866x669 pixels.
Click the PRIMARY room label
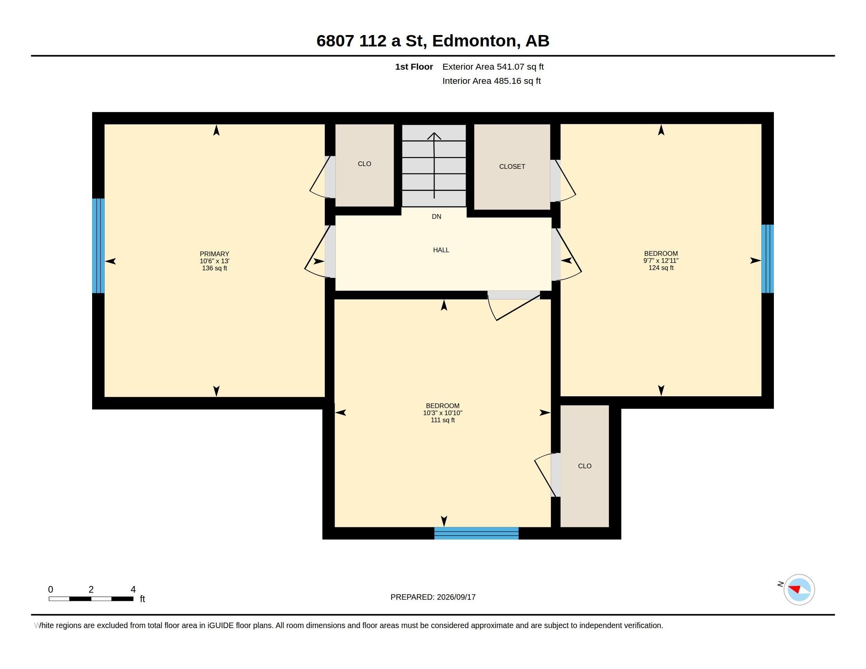click(x=215, y=254)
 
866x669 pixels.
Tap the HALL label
click(x=441, y=250)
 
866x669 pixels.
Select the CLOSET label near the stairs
click(x=512, y=166)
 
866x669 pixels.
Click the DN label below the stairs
click(x=436, y=216)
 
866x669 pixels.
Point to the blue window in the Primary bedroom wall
click(x=98, y=246)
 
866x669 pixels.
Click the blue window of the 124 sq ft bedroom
click(x=767, y=259)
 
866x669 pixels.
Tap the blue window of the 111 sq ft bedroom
click(x=476, y=533)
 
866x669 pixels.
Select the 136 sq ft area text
click(x=215, y=268)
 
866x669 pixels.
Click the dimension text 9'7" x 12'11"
click(x=661, y=261)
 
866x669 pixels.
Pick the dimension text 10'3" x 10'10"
click(x=442, y=413)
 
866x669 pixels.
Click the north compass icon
click(x=799, y=590)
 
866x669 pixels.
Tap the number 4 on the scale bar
click(x=133, y=590)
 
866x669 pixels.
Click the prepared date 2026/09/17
click(x=456, y=597)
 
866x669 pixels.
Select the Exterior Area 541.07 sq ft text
click(x=493, y=67)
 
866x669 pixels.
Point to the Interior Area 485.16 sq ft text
click(x=491, y=81)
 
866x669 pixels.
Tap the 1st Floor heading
click(x=414, y=67)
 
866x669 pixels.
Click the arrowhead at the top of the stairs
click(x=434, y=135)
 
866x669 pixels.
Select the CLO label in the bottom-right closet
click(x=585, y=466)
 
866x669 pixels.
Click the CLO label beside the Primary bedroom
click(x=365, y=164)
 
